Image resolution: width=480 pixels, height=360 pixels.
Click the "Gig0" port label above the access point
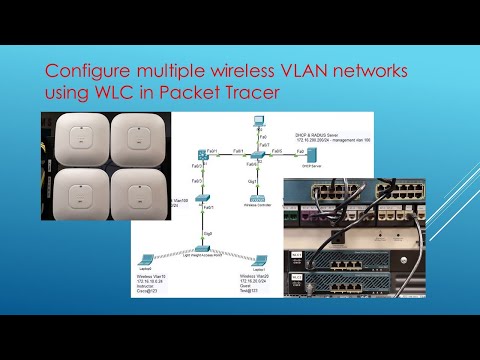[x=206, y=233]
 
